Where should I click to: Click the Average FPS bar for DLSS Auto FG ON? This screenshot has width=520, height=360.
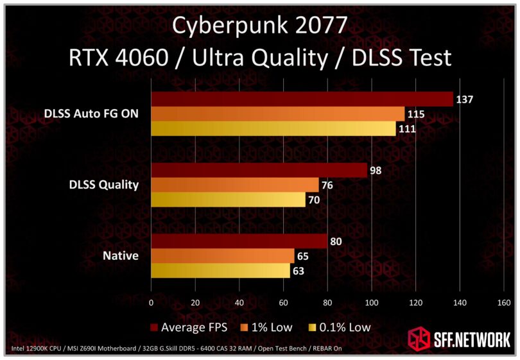(x=302, y=99)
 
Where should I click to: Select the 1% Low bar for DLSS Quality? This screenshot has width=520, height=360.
(x=234, y=185)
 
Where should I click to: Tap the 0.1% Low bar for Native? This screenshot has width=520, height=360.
(x=220, y=271)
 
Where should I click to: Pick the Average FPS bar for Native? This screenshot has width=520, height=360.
(x=239, y=241)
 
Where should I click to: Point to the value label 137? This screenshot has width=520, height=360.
(x=464, y=99)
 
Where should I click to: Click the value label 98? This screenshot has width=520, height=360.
(x=376, y=170)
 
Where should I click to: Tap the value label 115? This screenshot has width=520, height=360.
(x=415, y=114)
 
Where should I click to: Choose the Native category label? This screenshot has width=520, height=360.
(x=121, y=256)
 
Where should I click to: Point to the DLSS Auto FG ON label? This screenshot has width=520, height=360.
(x=92, y=114)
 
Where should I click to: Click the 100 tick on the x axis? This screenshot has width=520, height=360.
(x=371, y=302)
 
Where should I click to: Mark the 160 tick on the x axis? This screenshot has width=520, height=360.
(x=503, y=302)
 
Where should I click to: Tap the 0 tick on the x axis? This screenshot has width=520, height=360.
(x=151, y=302)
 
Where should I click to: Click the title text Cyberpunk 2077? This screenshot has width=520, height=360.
(x=260, y=27)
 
